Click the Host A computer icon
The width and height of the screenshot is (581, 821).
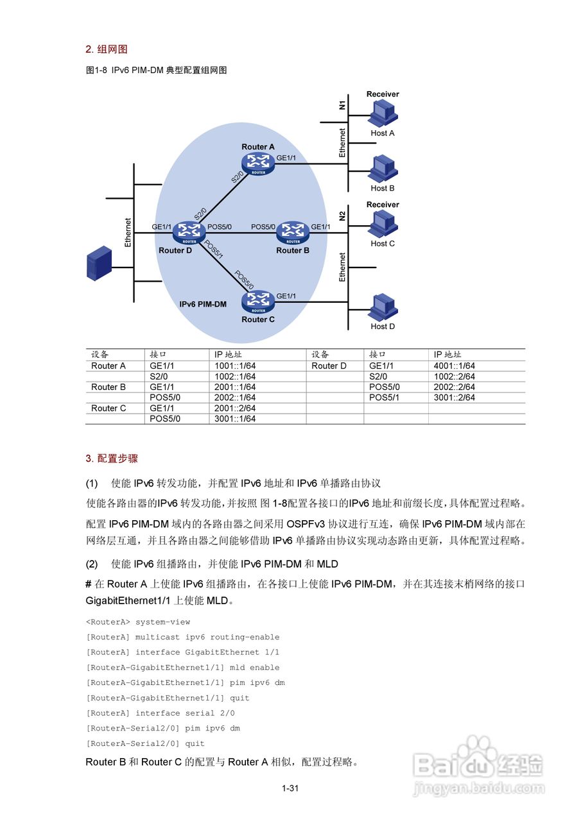[383, 114]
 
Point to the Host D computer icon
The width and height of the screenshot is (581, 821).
[383, 307]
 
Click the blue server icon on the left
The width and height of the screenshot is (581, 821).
[99, 264]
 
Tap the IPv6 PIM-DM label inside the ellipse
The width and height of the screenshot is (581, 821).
[203, 304]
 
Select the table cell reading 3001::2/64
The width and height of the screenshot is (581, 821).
[454, 398]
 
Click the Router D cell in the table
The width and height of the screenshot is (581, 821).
[329, 366]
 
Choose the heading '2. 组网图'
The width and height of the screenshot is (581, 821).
[107, 49]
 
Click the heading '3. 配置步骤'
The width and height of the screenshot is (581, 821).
[112, 459]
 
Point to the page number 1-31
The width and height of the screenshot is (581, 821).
[290, 788]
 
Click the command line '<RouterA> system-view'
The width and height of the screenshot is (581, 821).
[138, 622]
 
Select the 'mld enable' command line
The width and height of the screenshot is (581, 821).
[183, 668]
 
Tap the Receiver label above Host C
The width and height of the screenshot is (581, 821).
[383, 205]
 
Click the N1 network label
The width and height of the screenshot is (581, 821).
[342, 104]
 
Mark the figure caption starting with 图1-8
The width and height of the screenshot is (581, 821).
[157, 71]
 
